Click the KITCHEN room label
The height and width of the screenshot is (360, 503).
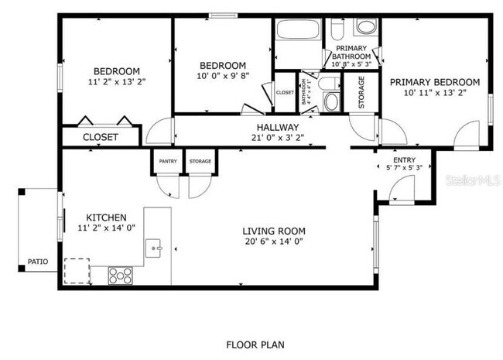pos(106,218)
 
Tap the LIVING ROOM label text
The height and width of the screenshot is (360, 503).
pos(273,231)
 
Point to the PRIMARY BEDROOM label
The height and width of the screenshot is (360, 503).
pos(433,82)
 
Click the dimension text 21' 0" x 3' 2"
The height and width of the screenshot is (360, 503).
pos(278,139)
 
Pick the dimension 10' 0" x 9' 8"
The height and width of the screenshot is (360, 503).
pos(222,76)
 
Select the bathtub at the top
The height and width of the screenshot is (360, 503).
pos(297,32)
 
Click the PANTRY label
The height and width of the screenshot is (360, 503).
pos(168,161)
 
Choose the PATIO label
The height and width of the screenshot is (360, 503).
pos(37,262)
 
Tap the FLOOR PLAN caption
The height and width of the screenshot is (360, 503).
pos(251,343)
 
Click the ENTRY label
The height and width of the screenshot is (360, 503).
pos(399,159)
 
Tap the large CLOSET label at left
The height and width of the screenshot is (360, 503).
pos(101,137)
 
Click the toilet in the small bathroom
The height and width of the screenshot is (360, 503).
pos(331,101)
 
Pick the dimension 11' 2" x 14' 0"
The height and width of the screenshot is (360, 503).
pos(106,228)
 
